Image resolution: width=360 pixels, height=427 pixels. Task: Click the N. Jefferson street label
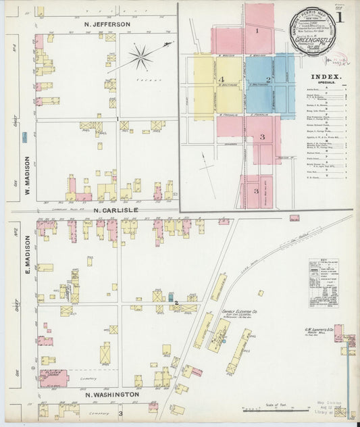[x=107, y=24]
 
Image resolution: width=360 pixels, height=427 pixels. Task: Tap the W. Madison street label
[x=28, y=174]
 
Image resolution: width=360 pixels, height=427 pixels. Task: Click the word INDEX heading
[x=328, y=77]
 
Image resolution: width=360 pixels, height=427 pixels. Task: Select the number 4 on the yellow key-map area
[x=222, y=80]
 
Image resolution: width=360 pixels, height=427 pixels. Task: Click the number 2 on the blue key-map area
[x=268, y=80]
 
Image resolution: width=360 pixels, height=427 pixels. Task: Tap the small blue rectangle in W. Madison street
[x=24, y=137]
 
